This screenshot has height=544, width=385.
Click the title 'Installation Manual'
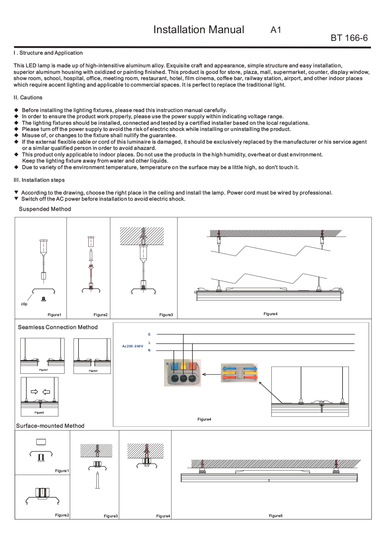tap(199, 30)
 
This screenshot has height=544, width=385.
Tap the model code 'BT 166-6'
tap(349, 38)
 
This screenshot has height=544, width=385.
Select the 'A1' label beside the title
tap(275, 30)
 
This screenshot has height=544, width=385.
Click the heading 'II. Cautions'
tap(28, 98)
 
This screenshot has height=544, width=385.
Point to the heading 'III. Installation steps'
tap(39, 180)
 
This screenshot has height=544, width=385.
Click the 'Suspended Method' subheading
tap(45, 209)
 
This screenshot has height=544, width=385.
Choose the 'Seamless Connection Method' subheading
tap(58, 328)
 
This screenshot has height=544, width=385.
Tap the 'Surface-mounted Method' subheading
tap(50, 426)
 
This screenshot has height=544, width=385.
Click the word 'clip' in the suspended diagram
tap(24, 304)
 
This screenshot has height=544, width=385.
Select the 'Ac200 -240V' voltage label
tap(132, 346)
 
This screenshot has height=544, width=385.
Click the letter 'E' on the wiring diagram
tap(149, 335)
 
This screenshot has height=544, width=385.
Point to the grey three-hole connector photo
tap(182, 373)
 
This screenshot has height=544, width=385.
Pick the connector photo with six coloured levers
tap(239, 373)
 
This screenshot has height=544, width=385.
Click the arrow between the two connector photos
tap(211, 375)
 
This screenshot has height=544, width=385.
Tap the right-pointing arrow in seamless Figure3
tap(34, 392)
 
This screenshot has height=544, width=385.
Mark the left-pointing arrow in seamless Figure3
tap(46, 392)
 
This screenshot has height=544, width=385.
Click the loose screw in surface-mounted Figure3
tap(97, 480)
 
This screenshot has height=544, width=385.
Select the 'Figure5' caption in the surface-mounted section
tap(275, 516)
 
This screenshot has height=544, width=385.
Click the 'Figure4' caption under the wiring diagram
tap(204, 420)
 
